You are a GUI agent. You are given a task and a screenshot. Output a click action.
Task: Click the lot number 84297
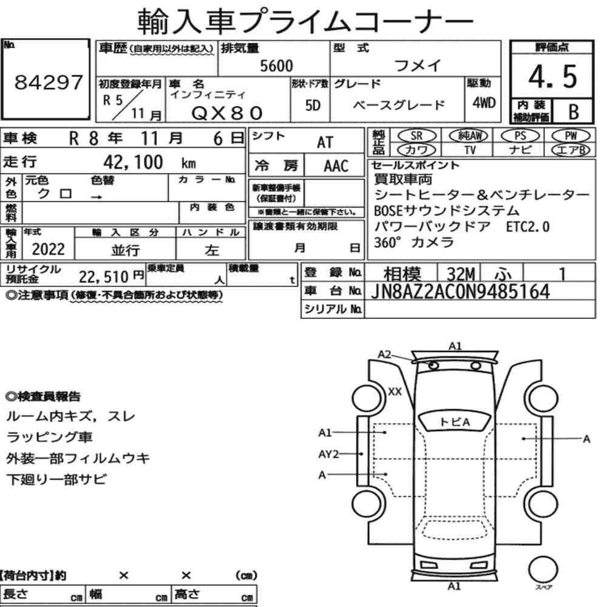(49, 82)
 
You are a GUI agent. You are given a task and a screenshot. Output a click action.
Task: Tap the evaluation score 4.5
(552, 76)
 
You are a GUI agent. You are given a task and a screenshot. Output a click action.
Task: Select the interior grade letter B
(574, 112)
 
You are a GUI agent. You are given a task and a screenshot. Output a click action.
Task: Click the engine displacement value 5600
(276, 66)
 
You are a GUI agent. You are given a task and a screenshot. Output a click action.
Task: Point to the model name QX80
(227, 113)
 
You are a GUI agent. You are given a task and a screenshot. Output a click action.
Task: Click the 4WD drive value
(484, 103)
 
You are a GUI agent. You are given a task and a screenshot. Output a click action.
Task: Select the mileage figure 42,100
(133, 162)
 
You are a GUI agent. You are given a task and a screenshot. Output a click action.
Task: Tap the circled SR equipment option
(416, 136)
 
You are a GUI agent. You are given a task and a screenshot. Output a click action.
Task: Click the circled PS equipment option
(520, 136)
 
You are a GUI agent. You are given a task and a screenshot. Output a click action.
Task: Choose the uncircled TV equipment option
(470, 149)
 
